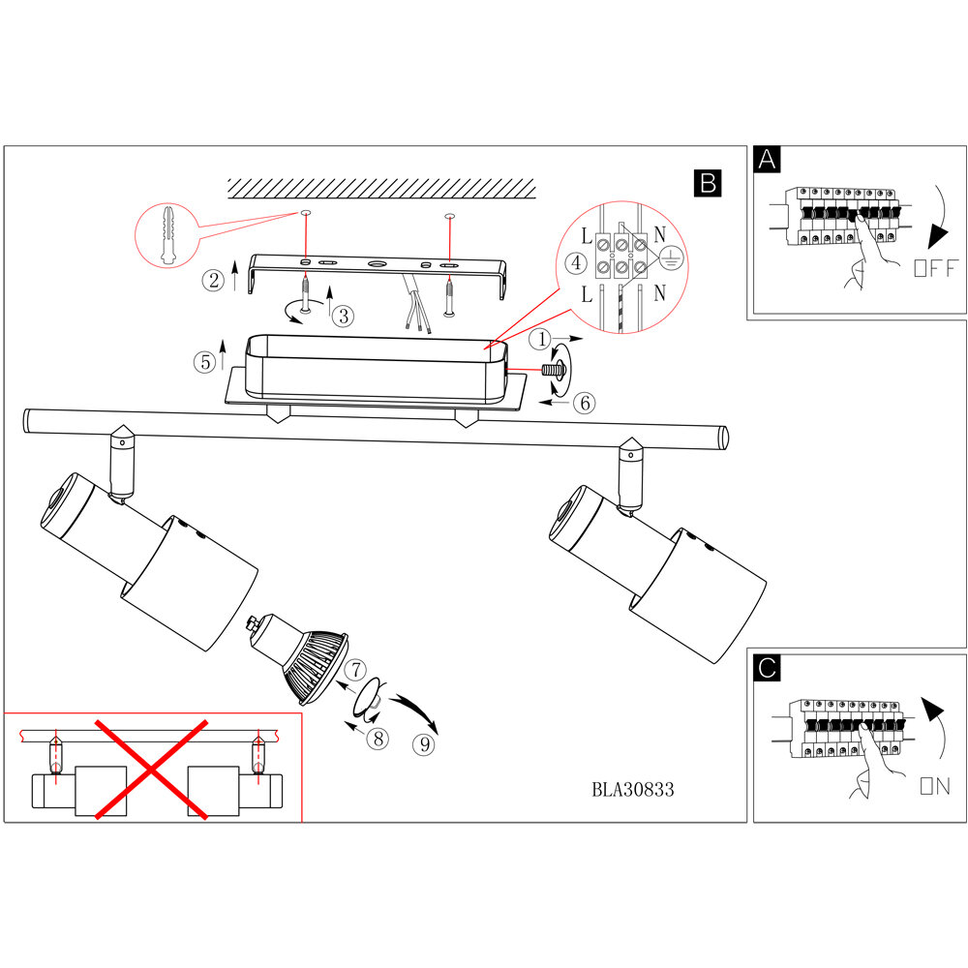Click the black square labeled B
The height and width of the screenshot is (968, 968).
click(x=708, y=183)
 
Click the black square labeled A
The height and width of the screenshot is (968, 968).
click(x=768, y=161)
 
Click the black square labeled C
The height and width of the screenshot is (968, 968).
click(x=768, y=668)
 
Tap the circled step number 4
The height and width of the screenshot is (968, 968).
click(x=575, y=262)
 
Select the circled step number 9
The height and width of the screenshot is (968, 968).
click(x=422, y=745)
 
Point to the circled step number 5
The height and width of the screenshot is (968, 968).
click(x=203, y=362)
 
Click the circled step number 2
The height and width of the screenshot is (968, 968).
click(x=213, y=281)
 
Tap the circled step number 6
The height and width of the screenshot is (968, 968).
click(x=583, y=404)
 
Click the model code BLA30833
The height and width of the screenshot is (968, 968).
click(x=632, y=789)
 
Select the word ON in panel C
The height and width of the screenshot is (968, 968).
click(x=935, y=786)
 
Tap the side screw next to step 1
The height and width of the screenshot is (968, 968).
click(x=557, y=369)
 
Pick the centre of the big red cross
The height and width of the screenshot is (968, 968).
click(x=152, y=769)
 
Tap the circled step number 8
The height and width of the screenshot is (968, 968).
click(x=378, y=738)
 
